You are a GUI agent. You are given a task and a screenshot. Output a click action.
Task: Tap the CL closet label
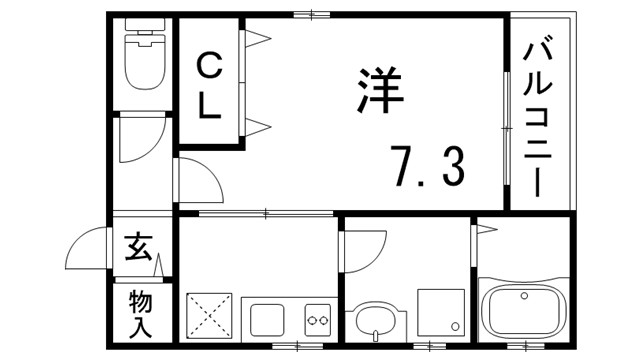click(x=210, y=87)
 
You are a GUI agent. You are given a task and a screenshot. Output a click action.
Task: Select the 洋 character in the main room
click(x=378, y=91)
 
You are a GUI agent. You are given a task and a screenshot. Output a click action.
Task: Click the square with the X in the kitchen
click(x=209, y=316)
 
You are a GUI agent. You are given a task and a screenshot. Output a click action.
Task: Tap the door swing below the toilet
click(x=132, y=140)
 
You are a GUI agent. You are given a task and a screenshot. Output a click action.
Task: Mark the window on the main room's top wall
click(x=312, y=13)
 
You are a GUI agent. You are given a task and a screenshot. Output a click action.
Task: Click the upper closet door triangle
click(x=256, y=39)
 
